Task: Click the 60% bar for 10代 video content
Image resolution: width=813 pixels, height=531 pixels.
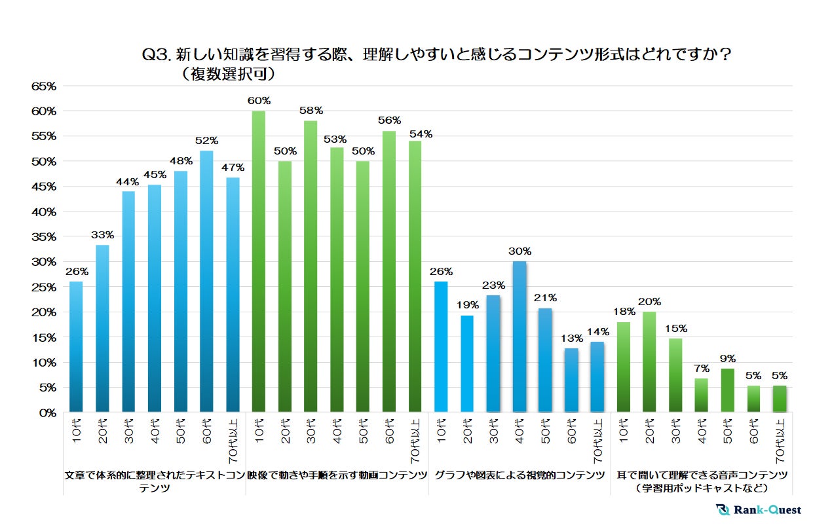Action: (259, 262)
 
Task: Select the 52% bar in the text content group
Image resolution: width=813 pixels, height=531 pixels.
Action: (206, 282)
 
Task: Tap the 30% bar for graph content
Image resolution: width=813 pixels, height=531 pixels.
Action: (519, 337)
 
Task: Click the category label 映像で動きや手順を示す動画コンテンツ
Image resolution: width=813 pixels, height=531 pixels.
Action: (337, 475)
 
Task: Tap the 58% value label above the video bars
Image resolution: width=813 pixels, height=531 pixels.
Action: (311, 111)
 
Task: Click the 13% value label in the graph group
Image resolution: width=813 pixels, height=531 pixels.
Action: (571, 338)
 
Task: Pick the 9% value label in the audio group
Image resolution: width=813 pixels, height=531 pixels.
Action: (727, 358)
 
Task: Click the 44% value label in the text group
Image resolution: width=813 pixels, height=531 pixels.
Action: (128, 181)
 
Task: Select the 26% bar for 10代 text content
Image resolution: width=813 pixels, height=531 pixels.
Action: (76, 347)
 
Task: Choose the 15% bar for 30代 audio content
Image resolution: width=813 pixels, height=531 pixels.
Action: (675, 375)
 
